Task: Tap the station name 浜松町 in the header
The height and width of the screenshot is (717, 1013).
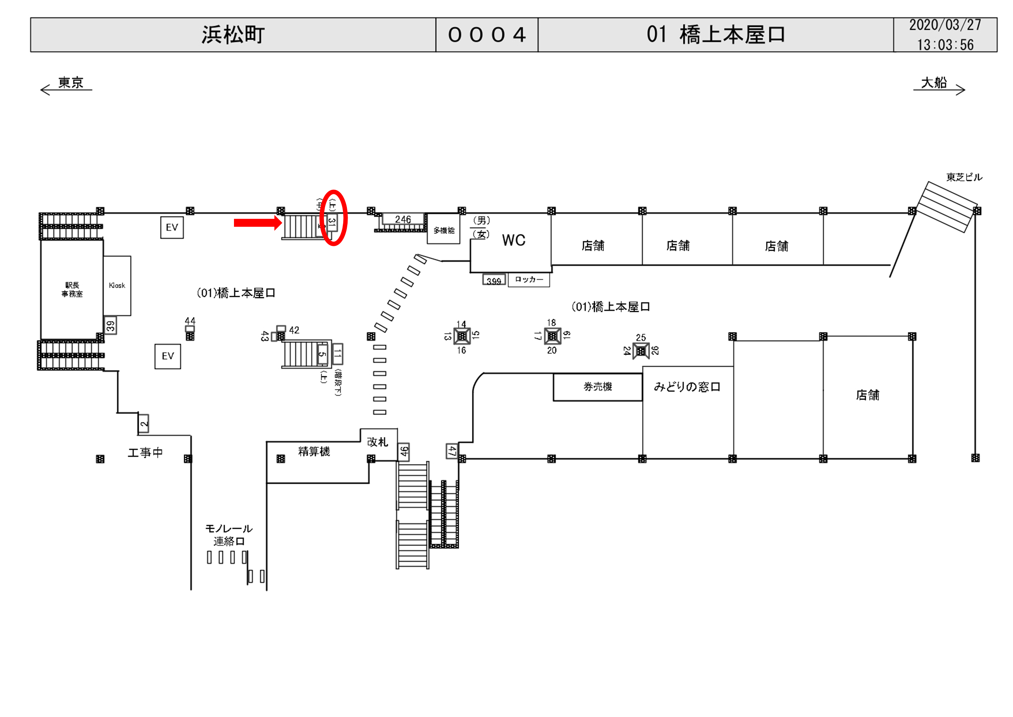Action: (x=233, y=35)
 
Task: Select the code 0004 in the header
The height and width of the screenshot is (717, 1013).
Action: (x=487, y=35)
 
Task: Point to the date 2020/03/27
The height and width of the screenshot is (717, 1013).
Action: (x=945, y=25)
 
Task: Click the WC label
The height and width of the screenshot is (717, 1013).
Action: (x=514, y=240)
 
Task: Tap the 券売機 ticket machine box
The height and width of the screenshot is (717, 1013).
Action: (x=597, y=387)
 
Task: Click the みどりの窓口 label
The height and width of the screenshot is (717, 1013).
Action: (x=687, y=387)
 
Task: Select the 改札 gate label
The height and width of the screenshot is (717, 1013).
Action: (x=377, y=442)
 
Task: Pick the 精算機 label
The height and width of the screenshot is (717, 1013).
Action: (x=314, y=451)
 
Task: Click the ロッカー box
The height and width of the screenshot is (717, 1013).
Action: (x=528, y=280)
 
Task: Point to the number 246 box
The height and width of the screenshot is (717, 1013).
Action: (x=403, y=219)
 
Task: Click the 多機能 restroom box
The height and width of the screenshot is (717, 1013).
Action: (x=444, y=230)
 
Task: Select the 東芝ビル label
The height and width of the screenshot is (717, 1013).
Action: (x=964, y=178)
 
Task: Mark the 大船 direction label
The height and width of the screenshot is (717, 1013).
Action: (x=934, y=83)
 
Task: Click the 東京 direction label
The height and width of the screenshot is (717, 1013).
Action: (x=70, y=83)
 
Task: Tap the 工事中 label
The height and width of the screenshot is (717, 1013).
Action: (x=145, y=453)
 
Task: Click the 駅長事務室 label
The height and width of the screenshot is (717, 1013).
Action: (x=72, y=289)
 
